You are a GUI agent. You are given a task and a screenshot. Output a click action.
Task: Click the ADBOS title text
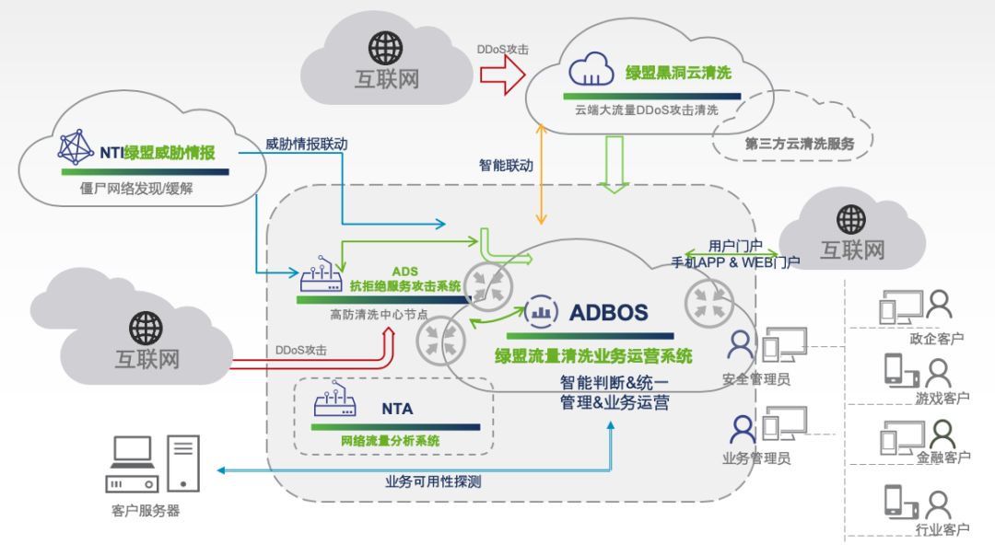point(608,312)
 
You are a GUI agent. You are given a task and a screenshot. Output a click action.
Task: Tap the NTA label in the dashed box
point(397,409)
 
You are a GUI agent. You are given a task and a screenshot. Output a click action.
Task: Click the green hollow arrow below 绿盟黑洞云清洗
point(615,164)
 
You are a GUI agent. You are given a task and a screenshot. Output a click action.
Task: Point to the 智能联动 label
point(506,167)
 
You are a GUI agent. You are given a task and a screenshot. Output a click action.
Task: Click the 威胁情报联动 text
point(307,145)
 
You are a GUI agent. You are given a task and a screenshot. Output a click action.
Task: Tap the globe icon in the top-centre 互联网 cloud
point(386,47)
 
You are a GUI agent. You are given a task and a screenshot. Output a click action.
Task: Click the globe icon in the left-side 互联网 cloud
point(146,327)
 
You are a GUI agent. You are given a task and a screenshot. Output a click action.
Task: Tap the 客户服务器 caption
point(145,511)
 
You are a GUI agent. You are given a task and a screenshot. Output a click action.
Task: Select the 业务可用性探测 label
point(433,481)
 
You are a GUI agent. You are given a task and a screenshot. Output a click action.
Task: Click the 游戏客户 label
point(942,399)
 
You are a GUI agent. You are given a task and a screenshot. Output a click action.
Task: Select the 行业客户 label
point(942,529)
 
